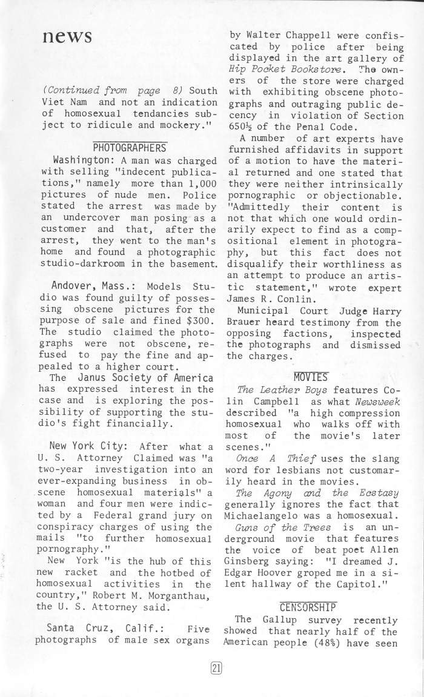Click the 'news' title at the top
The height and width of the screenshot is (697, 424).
[x=67, y=36]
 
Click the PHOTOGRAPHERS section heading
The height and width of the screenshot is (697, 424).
[x=129, y=147]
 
